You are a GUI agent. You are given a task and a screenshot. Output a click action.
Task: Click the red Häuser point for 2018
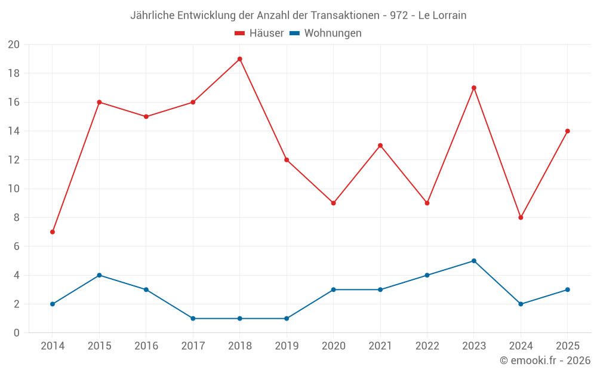tap(239, 59)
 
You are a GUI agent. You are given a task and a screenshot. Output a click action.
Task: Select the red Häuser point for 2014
tap(53, 232)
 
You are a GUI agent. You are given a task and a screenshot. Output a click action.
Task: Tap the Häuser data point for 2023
tap(473, 88)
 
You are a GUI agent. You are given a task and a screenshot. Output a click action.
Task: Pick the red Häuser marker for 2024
tap(521, 218)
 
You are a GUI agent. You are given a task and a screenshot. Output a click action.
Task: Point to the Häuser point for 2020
tap(333, 204)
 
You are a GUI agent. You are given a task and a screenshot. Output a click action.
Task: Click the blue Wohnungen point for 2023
tap(473, 261)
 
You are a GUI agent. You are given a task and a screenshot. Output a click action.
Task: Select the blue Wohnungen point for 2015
tap(99, 275)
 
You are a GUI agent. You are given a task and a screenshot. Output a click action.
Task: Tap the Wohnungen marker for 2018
tap(239, 319)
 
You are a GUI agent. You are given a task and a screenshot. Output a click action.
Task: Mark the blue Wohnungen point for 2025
tap(567, 289)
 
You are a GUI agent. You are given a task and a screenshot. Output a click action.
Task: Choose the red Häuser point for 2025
tap(567, 131)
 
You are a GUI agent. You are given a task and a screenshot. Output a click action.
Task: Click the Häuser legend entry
tap(259, 33)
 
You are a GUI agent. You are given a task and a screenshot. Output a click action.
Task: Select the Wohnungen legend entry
tap(325, 33)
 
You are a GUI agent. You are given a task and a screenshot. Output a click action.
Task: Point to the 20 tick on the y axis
tap(14, 45)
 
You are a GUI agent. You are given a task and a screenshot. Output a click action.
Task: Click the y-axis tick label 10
tap(14, 189)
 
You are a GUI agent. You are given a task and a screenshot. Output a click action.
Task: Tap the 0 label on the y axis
tap(16, 332)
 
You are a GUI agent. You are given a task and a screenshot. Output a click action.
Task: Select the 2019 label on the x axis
tap(287, 346)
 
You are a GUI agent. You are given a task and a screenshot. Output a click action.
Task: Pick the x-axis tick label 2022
tap(427, 346)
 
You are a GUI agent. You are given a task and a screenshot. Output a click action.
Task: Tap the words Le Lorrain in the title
tap(442, 16)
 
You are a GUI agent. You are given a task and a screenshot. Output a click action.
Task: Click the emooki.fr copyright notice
tap(545, 360)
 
